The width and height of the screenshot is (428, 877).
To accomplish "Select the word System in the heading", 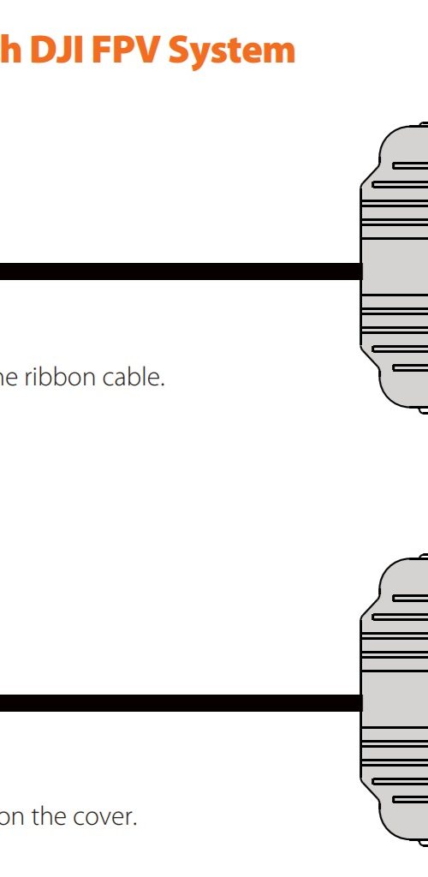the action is [231, 51].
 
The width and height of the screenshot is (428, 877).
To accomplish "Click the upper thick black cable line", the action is [181, 271].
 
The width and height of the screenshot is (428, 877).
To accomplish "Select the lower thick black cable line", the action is [181, 703].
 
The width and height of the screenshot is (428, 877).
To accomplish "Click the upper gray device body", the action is [395, 268].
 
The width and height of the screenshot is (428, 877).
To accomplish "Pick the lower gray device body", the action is [395, 699].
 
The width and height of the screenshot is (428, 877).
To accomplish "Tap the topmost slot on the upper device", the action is [410, 165].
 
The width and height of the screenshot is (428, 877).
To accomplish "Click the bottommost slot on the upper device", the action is [410, 367].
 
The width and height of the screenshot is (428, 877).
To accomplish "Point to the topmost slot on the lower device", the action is [410, 599].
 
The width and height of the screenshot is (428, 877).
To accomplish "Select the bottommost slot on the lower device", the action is [410, 799].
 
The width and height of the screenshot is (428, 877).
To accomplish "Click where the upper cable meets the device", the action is [362, 271].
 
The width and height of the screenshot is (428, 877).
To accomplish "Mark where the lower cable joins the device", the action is [362, 703].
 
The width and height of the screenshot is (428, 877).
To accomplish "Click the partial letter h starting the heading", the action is [11, 51].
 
